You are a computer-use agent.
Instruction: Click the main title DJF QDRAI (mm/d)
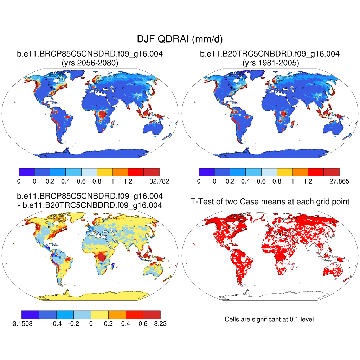coord(180,39)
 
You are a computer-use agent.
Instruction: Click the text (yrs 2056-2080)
coord(90,63)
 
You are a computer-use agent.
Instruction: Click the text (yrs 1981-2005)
coord(270,63)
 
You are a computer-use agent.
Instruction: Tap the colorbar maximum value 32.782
coord(160,181)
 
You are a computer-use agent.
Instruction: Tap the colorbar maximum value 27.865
coord(340,181)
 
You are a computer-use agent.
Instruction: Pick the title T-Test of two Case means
coord(270,201)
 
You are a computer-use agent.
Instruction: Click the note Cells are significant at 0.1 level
coord(269,319)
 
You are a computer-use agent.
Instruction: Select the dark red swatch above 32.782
coord(152,172)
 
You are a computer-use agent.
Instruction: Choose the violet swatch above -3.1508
coord(30,314)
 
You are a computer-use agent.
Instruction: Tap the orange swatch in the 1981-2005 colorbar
coord(300,172)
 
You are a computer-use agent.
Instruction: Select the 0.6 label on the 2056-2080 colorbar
coord(82,181)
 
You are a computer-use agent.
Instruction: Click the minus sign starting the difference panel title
coord(19,205)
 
